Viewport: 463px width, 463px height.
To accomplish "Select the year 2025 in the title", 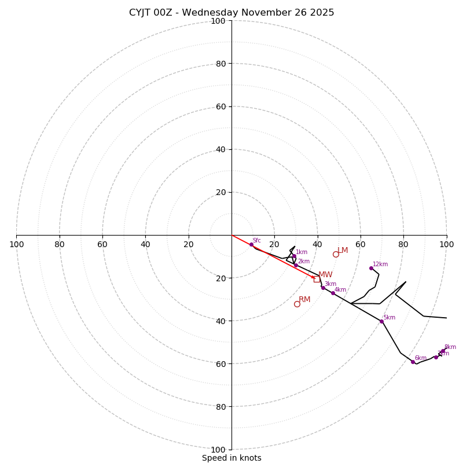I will point(322,13).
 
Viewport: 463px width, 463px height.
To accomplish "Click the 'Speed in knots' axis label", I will point(231,458).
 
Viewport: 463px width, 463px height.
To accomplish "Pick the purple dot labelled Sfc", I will point(251,244).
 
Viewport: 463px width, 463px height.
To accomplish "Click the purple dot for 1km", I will point(294,256).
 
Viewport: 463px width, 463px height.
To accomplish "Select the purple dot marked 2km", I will point(295,265).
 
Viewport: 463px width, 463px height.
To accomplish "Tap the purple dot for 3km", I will point(323,288).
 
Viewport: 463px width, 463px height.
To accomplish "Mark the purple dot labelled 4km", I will point(333,293).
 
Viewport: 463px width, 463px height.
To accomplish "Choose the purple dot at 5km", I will point(381,321).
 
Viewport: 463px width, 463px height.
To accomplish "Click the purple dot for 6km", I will point(413,362).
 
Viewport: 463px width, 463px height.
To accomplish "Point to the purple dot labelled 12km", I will point(371,268).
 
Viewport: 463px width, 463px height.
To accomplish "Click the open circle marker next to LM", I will point(336,254).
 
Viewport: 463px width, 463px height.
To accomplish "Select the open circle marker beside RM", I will point(297,304).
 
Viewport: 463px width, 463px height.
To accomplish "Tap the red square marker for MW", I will point(317,279).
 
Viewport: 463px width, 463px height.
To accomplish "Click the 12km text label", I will point(380,264).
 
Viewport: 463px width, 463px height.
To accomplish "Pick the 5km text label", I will point(389,317).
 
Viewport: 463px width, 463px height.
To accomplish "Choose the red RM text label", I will point(304,299).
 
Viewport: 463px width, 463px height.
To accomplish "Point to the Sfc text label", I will point(257,241).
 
